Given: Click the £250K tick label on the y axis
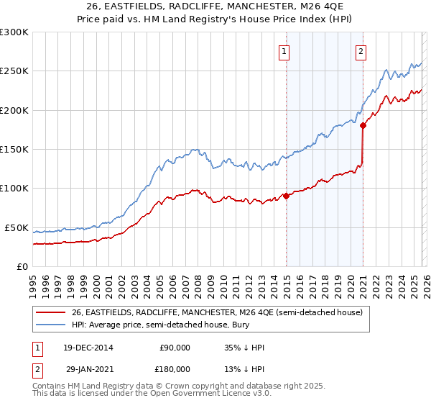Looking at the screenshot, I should [x=14, y=71].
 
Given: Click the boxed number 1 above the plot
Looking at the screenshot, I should [x=284, y=51].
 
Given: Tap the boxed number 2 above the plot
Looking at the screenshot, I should [x=360, y=51].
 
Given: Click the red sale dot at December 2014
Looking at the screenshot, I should [x=286, y=195].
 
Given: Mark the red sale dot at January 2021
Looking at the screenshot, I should [x=363, y=125].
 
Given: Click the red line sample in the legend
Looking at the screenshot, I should [x=50, y=312].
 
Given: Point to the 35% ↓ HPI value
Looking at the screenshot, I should [x=244, y=348].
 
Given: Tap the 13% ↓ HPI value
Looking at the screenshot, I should [x=244, y=369].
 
